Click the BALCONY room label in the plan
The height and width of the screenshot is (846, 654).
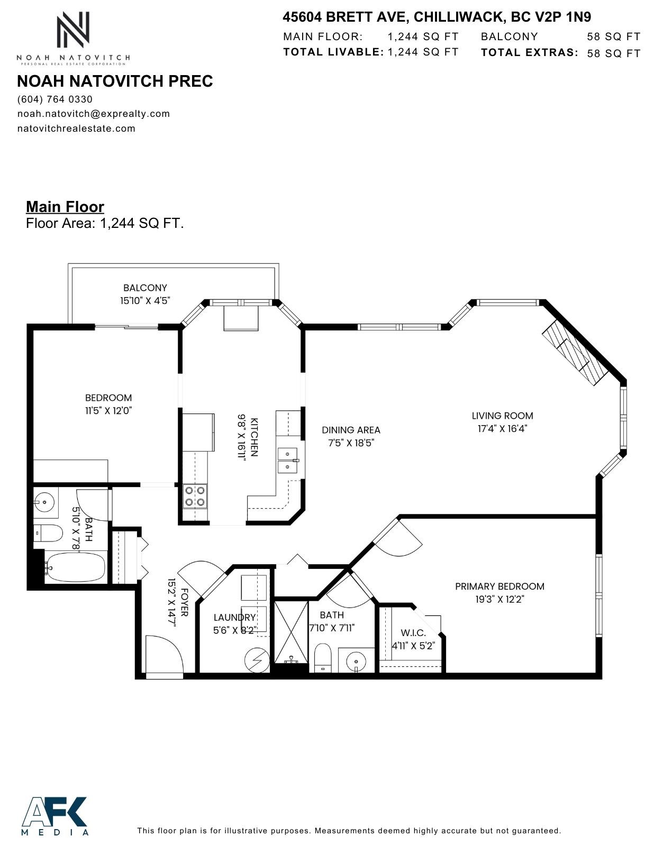tap(145, 288)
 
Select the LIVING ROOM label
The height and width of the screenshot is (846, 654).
tap(502, 416)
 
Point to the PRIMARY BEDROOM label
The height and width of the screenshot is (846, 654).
tap(499, 586)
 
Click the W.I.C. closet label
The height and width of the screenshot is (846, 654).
tap(413, 633)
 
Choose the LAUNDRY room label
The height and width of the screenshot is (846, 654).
tap(234, 617)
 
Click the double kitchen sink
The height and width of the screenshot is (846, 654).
tap(288, 460)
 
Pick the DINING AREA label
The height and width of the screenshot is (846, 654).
tap(351, 430)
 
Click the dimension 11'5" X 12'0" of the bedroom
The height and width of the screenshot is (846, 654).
tap(108, 410)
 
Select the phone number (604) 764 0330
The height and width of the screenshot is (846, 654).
tap(55, 99)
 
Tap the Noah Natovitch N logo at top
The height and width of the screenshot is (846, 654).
tap(73, 31)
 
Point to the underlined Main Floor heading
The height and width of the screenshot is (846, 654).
tap(65, 207)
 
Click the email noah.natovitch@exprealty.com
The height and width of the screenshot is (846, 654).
tap(94, 114)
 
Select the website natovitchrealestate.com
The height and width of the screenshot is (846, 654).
tap(76, 128)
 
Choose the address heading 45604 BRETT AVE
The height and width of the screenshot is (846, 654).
tap(437, 17)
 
